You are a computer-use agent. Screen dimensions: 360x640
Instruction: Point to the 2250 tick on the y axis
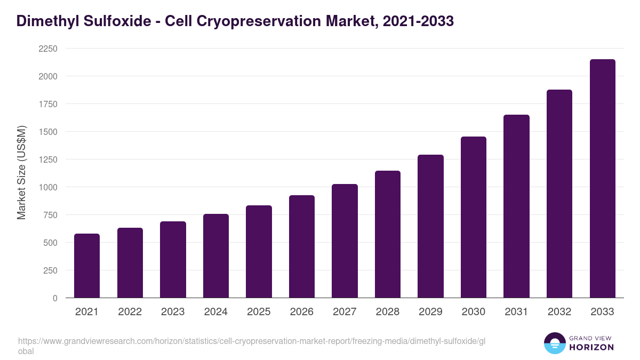tap(47, 49)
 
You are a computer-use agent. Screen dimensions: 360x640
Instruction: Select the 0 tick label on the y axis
tap(55, 298)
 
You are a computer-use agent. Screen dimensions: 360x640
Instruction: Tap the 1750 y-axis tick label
tap(47, 104)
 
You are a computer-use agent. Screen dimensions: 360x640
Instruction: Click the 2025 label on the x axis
tap(259, 312)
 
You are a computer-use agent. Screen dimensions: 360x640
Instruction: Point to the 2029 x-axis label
tap(430, 312)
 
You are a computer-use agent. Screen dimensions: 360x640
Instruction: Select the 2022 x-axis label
tap(130, 312)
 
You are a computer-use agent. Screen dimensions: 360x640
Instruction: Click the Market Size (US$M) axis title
tap(21, 173)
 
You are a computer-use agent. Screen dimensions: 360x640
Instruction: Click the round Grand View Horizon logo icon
tap(554, 343)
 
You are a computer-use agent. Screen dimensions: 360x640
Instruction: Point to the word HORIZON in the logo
tap(591, 347)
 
